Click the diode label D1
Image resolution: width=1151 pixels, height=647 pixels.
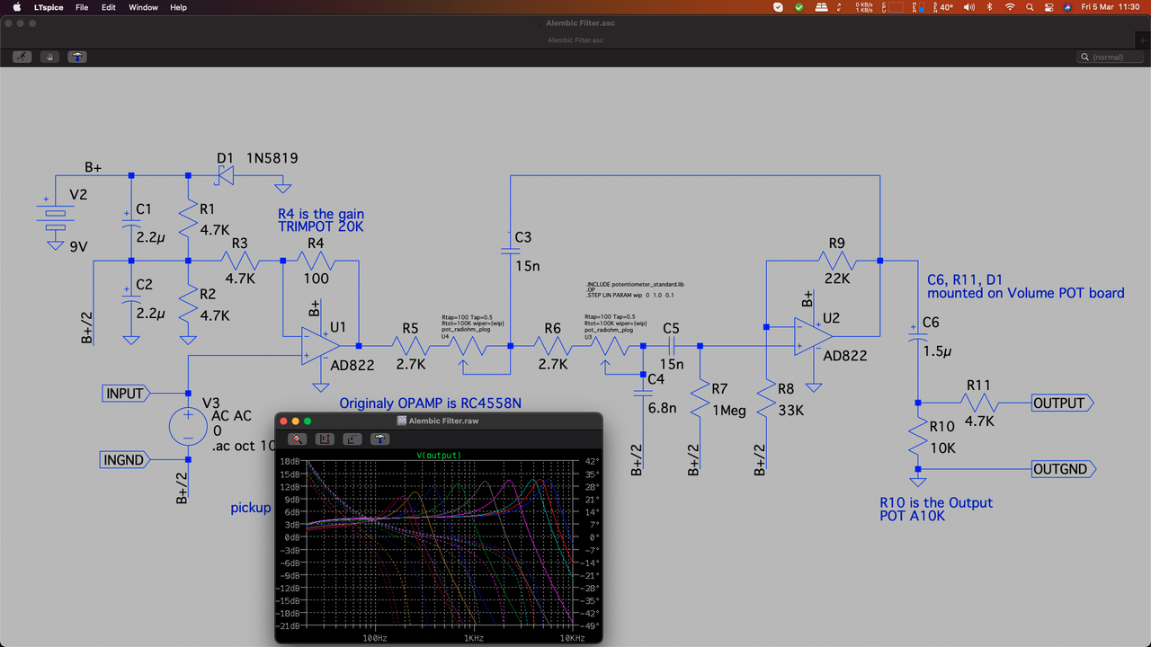[x=225, y=158]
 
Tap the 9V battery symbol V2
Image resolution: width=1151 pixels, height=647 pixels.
[x=56, y=215]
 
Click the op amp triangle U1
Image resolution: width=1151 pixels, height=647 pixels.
[x=319, y=346]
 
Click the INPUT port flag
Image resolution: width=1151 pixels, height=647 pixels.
[x=125, y=394]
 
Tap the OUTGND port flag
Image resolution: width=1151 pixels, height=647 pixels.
[x=1062, y=469]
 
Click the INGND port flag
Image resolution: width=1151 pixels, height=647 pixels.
[x=124, y=460]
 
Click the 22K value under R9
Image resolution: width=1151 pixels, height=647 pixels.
[x=837, y=279]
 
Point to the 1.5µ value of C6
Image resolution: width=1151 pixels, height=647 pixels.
[x=936, y=351]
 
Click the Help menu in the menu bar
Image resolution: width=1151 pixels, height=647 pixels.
[x=178, y=7]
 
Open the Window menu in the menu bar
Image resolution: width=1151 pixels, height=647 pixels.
[x=143, y=7]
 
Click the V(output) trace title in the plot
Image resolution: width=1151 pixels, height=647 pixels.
[x=438, y=456]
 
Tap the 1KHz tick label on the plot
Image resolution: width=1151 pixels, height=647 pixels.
[x=474, y=637]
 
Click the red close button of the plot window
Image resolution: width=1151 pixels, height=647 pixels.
[x=282, y=421]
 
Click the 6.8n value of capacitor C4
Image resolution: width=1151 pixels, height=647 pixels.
[x=664, y=408]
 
